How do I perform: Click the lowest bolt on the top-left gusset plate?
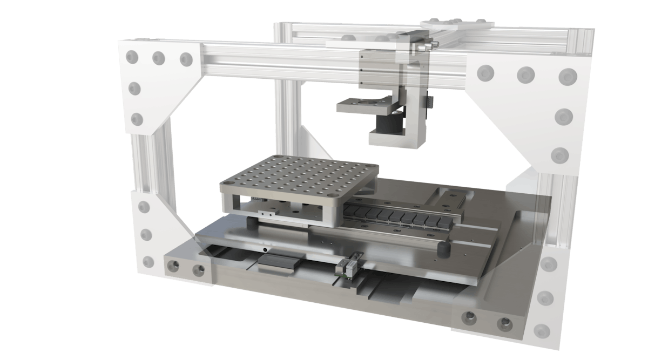[x=137, y=118]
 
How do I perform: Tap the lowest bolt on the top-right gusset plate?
[x=561, y=155]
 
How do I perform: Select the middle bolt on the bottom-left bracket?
[x=145, y=235]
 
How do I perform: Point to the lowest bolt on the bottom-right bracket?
[x=542, y=329]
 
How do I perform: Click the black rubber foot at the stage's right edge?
[x=444, y=249]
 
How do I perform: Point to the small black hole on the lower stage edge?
[x=265, y=250]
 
